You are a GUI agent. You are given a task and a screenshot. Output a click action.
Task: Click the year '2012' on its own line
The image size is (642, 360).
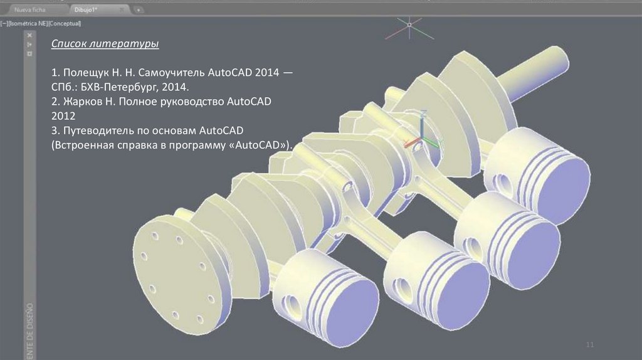click(x=64, y=116)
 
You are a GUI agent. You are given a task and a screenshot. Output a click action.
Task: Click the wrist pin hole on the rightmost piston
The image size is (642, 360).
click(x=503, y=181)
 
